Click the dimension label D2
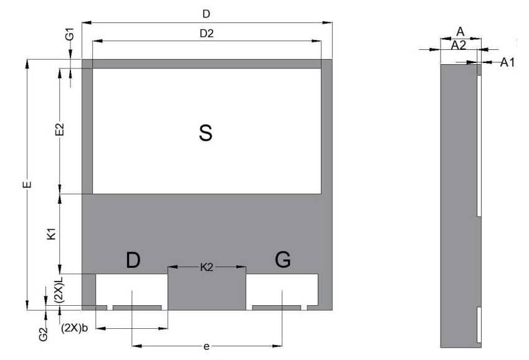(206, 34)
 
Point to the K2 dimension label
(206, 267)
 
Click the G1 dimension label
(70, 34)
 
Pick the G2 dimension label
(43, 334)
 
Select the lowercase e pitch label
(206, 347)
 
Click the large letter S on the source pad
(206, 132)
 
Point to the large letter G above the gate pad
(283, 260)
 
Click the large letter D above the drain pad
(133, 260)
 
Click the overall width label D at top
(206, 14)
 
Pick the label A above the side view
(460, 31)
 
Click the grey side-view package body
(459, 206)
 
